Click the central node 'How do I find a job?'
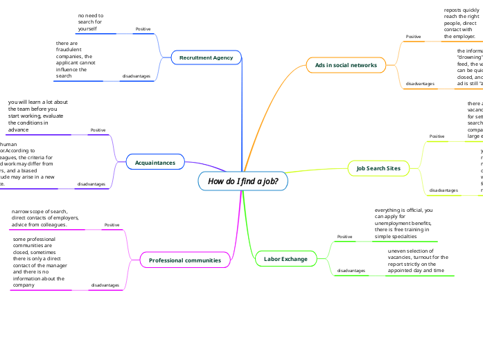coord(243,181)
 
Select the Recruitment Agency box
coord(206,57)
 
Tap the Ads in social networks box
coord(346,65)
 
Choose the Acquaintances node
coord(155,163)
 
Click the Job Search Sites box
coord(378,168)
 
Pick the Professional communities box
coord(184,260)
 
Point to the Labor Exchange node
coord(286,259)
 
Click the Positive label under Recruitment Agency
coord(143,29)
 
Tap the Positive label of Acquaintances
coord(98,130)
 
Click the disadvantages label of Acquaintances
coord(91,184)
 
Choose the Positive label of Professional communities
coord(112,225)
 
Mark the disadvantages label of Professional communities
coord(105,285)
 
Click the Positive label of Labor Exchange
coord(344,237)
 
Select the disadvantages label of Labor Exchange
coord(351,271)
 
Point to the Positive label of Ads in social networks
coord(413,37)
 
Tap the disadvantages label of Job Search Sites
coord(444,190)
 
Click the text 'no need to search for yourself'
coord(91,22)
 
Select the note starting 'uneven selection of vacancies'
coord(416,260)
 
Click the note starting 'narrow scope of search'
coord(45,218)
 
